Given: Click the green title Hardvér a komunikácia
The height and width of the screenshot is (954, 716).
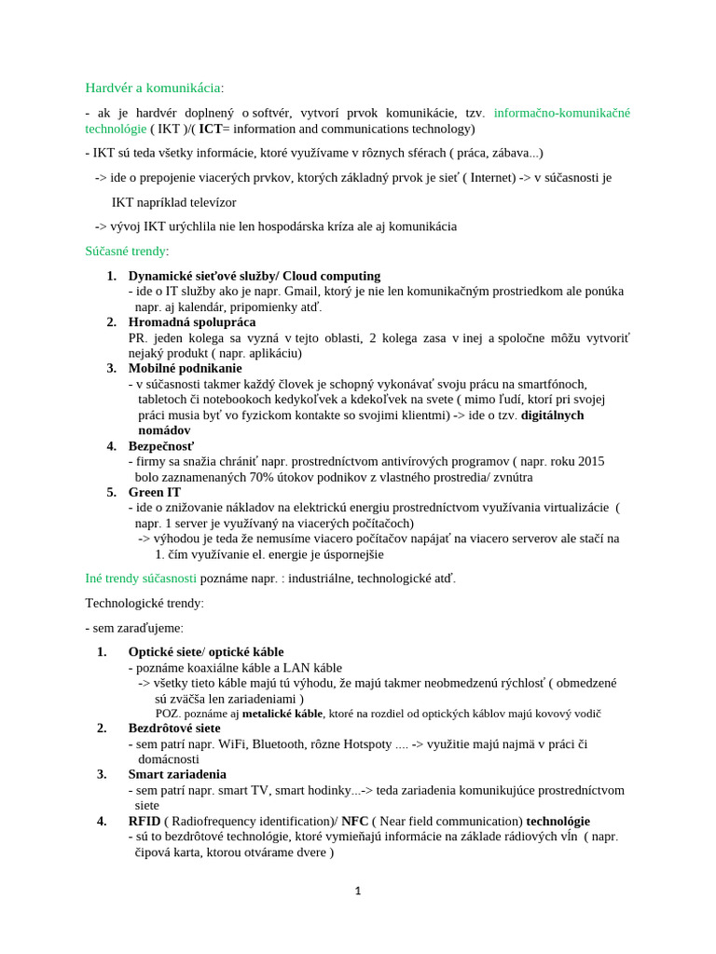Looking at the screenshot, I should coord(153,88).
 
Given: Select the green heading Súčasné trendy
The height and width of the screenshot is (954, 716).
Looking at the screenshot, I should coord(125,252).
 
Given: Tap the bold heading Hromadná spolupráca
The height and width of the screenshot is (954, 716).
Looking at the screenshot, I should coord(192,322).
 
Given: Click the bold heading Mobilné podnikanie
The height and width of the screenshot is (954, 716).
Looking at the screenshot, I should coord(185,368).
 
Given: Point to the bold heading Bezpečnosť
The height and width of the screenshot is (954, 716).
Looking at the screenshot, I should coord(161,445).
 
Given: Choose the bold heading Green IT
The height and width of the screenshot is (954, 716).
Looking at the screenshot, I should coord(155,492).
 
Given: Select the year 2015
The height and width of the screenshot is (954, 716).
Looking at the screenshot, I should coord(590,461).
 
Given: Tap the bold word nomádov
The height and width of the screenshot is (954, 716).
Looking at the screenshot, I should coord(164,430).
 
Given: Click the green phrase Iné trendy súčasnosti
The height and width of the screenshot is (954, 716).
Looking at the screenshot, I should coord(141,579).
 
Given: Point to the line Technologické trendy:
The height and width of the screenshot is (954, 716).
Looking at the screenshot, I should coord(144,604).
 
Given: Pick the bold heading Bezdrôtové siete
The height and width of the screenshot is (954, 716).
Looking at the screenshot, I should coord(174,729).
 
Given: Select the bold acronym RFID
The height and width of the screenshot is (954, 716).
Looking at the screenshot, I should coord(145,821).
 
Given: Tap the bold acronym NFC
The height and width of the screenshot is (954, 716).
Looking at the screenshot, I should coord(354,821).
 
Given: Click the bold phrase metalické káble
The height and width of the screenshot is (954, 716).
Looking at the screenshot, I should coord(282,714).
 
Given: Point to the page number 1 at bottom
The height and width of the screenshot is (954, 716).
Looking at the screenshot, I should coord(358,892).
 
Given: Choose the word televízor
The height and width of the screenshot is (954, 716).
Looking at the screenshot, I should coord(205,202).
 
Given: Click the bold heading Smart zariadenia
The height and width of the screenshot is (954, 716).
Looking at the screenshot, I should coord(177,774).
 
